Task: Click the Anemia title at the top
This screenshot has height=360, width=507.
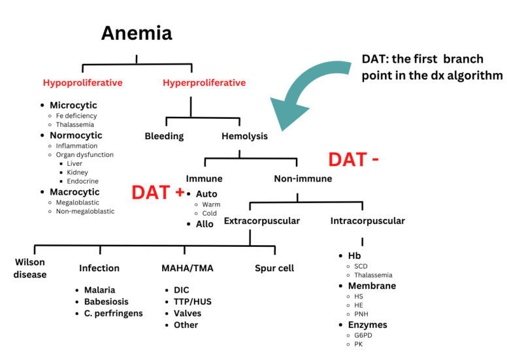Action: [136, 33]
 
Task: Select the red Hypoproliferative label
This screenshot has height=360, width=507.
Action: [82, 83]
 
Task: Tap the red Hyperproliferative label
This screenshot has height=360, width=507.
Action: [204, 83]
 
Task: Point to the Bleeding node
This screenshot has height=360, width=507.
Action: [164, 137]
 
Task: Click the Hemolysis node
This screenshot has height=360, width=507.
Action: [244, 137]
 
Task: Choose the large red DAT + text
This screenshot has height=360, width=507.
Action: [157, 192]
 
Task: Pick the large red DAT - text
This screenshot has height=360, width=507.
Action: [353, 159]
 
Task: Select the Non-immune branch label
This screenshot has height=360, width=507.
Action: [303, 178]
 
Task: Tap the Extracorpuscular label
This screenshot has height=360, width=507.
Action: [261, 221]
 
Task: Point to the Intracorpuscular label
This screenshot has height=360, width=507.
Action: [367, 221]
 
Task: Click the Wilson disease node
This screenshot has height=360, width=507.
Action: [30, 268]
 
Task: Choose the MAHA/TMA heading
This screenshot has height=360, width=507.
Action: [187, 268]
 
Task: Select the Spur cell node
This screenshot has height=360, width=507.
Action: [274, 268]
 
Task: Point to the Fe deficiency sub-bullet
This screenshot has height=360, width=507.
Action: [76, 116]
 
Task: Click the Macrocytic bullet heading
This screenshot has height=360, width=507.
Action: [74, 192]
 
